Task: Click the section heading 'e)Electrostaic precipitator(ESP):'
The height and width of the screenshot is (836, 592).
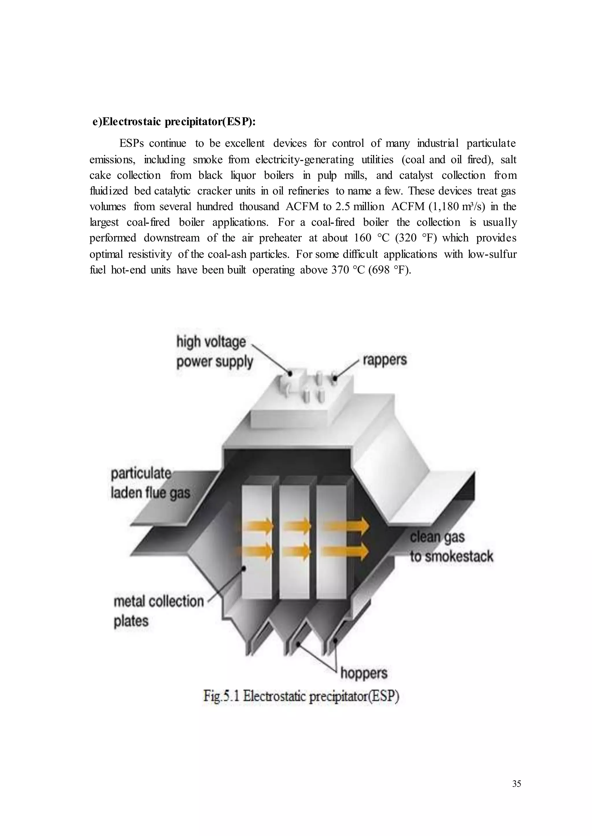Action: point(174,122)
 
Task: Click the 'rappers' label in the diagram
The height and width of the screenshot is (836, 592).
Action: point(384,360)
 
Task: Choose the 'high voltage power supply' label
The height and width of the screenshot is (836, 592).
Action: point(214,352)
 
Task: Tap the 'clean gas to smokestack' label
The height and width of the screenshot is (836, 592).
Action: point(451,547)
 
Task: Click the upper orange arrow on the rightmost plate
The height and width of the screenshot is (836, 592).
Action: point(346,526)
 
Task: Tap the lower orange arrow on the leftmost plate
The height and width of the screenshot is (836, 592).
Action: point(260,551)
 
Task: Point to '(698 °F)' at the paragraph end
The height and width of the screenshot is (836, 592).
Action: point(390,270)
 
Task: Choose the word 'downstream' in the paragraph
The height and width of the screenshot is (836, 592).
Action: point(171,238)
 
